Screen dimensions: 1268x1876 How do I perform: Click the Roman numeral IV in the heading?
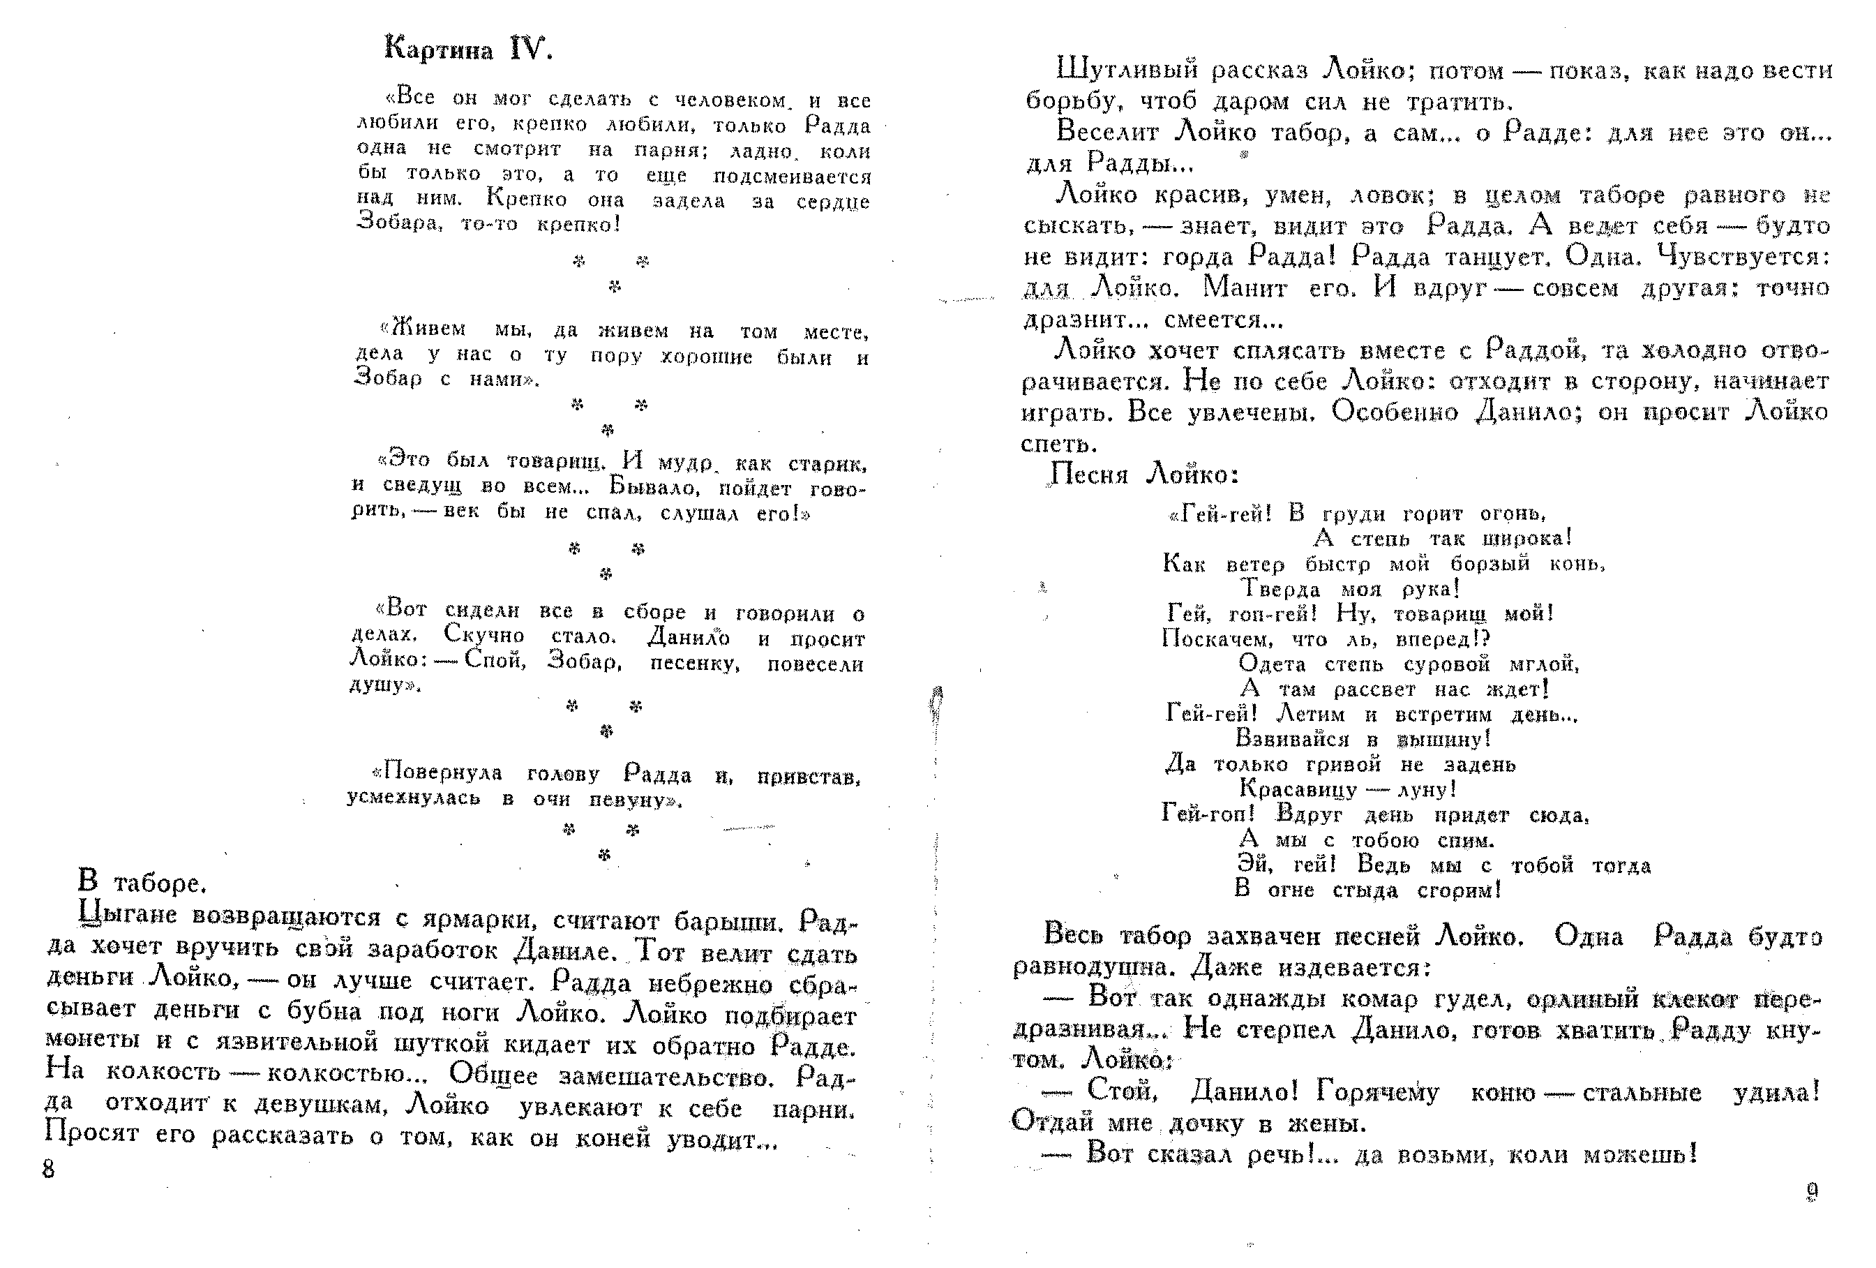click(529, 50)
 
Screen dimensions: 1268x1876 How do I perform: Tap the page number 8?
click(48, 1169)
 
